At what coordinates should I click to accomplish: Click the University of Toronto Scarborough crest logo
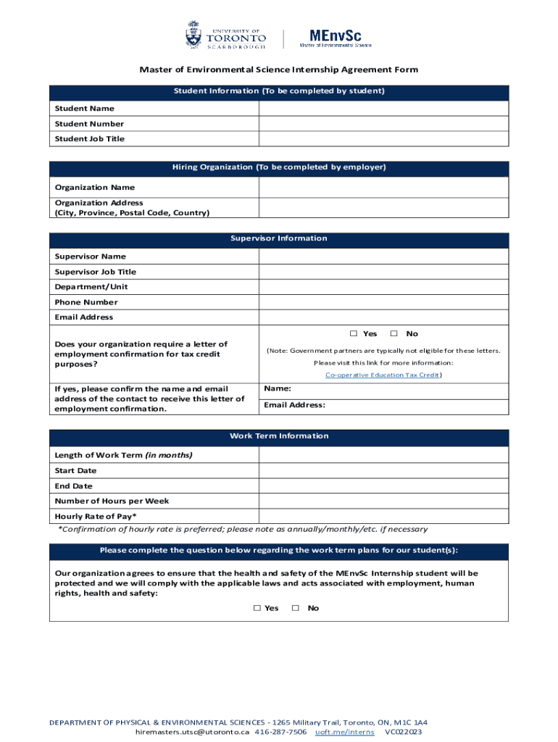tap(193, 35)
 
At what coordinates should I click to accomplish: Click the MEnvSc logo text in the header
tap(336, 36)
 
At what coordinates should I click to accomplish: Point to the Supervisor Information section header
tap(279, 238)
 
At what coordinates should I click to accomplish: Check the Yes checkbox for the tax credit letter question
tap(354, 334)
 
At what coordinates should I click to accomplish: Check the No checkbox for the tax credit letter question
tap(394, 334)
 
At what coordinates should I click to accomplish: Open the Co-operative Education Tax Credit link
tap(383, 375)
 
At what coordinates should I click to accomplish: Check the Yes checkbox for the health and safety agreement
tap(257, 609)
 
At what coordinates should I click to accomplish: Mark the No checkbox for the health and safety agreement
tap(296, 609)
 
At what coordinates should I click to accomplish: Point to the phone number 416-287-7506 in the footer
tap(280, 732)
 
